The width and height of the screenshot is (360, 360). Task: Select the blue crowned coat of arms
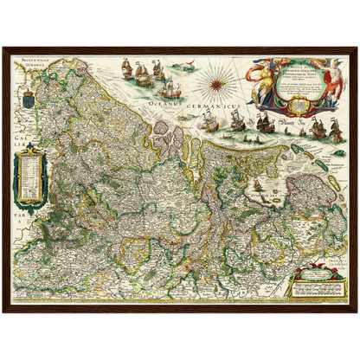click(x=24, y=91)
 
